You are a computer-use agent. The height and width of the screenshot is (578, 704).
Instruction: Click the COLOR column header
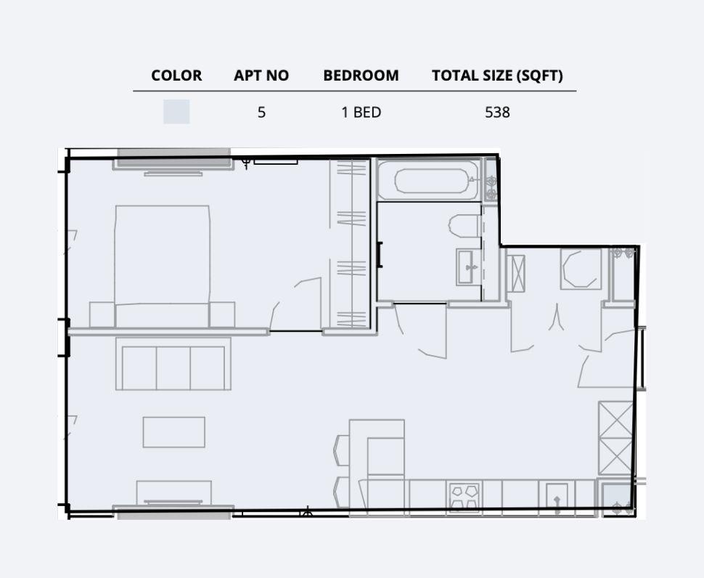pos(176,76)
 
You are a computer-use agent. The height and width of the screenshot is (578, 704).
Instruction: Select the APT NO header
pos(261,76)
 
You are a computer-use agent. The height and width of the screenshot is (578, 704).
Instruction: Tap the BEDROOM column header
pos(361,76)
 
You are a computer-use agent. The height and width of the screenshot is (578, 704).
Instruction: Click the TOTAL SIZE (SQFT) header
pos(497,76)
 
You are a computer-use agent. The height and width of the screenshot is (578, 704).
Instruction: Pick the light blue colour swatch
pos(176,112)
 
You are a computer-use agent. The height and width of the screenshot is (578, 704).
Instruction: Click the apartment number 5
pos(261,113)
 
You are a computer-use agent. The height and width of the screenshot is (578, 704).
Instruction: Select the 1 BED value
pos(361,113)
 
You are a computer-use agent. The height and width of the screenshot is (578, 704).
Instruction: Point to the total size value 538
pos(497,113)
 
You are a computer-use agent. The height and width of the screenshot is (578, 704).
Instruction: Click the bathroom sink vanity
pos(468,267)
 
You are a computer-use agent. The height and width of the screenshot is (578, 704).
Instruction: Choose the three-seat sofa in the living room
pos(173,367)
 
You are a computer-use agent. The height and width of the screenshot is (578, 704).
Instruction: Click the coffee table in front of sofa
pos(173,432)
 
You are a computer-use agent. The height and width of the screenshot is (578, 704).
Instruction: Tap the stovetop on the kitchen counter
pos(464,497)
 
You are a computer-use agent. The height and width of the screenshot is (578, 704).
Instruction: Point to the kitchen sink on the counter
pos(557,499)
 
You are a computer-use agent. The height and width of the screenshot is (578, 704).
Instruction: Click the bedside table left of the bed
pos(102,314)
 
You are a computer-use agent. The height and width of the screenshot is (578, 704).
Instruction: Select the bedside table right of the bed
pos(222,314)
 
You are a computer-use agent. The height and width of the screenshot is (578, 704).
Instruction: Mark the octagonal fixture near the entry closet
pos(581,269)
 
